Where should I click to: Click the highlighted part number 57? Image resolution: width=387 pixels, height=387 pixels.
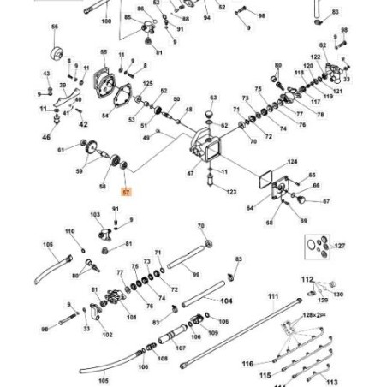pyautogui.click(x=127, y=193)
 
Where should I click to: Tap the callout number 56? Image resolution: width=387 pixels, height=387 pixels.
pyautogui.click(x=55, y=27)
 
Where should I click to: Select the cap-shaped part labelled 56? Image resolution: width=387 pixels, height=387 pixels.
pyautogui.click(x=60, y=51)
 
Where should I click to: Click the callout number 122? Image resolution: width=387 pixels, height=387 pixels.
pyautogui.click(x=316, y=57)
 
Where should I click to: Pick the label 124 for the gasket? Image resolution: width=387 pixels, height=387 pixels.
pyautogui.click(x=292, y=161)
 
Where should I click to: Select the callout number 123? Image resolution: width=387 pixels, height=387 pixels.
pyautogui.click(x=231, y=192)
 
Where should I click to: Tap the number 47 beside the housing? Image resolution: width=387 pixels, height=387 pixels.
pyautogui.click(x=190, y=173)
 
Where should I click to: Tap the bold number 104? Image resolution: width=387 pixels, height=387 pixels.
pyautogui.click(x=227, y=301)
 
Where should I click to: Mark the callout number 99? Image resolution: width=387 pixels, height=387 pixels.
pyautogui.click(x=196, y=276)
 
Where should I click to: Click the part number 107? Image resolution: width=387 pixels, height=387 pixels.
pyautogui.click(x=180, y=348)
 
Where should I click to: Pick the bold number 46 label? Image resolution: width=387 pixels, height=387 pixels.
pyautogui.click(x=46, y=137)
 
